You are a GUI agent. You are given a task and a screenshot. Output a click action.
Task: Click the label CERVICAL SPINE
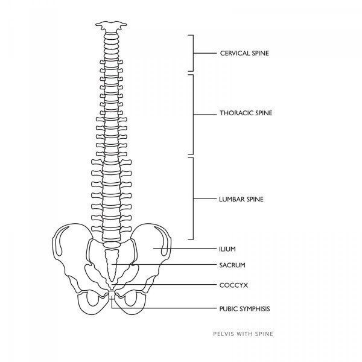[244, 53]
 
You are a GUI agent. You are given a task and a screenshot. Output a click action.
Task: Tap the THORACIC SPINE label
[246, 113]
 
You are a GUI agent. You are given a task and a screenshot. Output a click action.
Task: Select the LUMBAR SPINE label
[241, 199]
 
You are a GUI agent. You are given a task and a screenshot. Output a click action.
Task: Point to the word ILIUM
[227, 249]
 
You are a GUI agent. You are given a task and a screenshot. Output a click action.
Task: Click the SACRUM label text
[232, 265]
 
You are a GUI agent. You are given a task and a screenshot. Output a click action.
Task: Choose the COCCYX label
[233, 285]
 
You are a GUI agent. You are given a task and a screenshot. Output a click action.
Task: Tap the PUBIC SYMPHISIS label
[244, 309]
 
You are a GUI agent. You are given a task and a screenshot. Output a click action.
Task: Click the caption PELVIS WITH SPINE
[243, 334]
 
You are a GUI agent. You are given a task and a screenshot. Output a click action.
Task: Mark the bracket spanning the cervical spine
[193, 53]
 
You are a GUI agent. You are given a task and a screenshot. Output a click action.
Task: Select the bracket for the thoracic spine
[193, 115]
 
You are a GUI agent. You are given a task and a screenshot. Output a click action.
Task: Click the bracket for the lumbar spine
[193, 198]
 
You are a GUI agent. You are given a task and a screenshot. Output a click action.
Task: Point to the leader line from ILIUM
[185, 249]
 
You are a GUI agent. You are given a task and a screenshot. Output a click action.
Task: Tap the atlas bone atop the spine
[111, 27]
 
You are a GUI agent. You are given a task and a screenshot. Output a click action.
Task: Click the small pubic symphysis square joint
[112, 294]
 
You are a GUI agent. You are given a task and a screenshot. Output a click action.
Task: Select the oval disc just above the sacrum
[112, 244]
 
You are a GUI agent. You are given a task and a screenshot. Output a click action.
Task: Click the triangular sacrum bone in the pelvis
[112, 265]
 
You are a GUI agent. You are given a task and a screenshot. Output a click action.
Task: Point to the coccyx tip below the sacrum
[112, 286]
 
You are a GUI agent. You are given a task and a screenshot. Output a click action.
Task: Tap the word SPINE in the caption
[264, 334]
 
